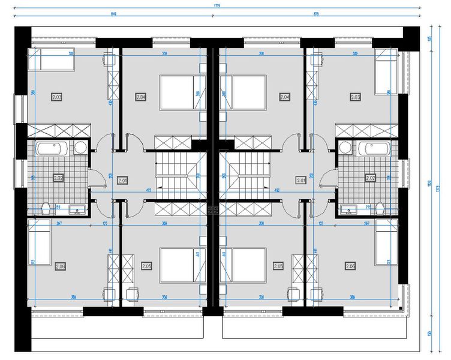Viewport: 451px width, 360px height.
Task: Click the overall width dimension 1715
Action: click(x=217, y=5)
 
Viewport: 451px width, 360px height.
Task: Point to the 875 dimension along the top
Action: click(x=315, y=13)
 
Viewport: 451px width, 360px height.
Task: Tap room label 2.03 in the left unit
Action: click(x=58, y=97)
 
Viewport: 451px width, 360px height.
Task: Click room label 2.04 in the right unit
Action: click(x=285, y=97)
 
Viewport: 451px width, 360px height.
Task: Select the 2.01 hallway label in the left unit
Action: click(x=123, y=179)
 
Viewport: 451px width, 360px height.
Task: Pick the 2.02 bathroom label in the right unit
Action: click(x=369, y=178)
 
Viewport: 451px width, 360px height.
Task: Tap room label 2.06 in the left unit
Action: click(x=61, y=266)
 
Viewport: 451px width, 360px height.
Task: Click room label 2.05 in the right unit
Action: click(x=278, y=266)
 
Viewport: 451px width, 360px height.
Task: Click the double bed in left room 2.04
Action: click(x=176, y=92)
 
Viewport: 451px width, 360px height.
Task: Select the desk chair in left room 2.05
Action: click(x=133, y=293)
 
